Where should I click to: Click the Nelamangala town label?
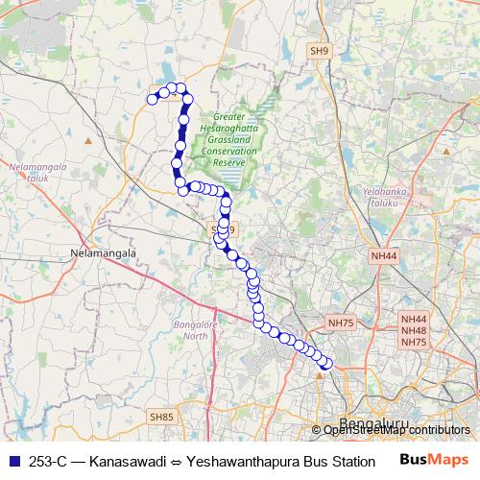[105, 252]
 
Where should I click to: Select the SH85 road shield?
[160, 417]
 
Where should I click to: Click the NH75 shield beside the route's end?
[341, 324]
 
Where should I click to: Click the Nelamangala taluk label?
[36, 171]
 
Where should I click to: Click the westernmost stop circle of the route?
[152, 98]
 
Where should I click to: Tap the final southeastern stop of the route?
[325, 363]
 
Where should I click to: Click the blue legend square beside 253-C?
[12, 461]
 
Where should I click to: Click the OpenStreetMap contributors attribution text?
[396, 430]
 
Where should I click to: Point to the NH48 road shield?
[414, 330]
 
